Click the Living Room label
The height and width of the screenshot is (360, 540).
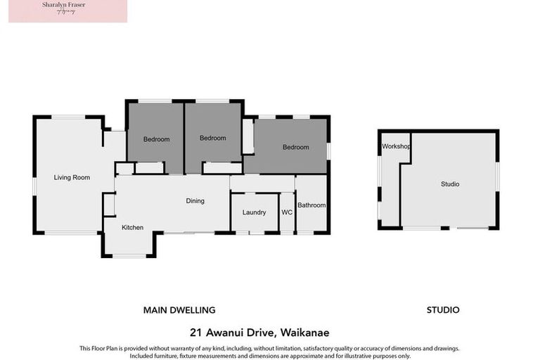click(x=72, y=178)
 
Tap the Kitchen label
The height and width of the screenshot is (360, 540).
click(x=132, y=228)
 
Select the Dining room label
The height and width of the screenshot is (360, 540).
click(x=195, y=201)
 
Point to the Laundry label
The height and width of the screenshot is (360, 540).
click(x=254, y=212)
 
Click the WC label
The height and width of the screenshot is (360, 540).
click(x=287, y=212)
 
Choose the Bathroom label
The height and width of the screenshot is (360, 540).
click(x=311, y=205)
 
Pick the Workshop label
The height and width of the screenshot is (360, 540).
click(x=396, y=146)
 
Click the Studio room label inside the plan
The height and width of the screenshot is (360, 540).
click(x=450, y=184)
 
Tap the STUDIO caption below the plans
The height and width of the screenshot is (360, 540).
click(x=443, y=310)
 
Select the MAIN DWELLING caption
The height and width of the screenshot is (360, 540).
click(x=179, y=310)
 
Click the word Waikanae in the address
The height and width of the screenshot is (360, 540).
click(x=304, y=333)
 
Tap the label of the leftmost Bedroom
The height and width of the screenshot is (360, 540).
click(x=156, y=139)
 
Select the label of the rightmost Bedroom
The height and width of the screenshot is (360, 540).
click(x=295, y=148)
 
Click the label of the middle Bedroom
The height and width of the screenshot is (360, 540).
click(x=212, y=139)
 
